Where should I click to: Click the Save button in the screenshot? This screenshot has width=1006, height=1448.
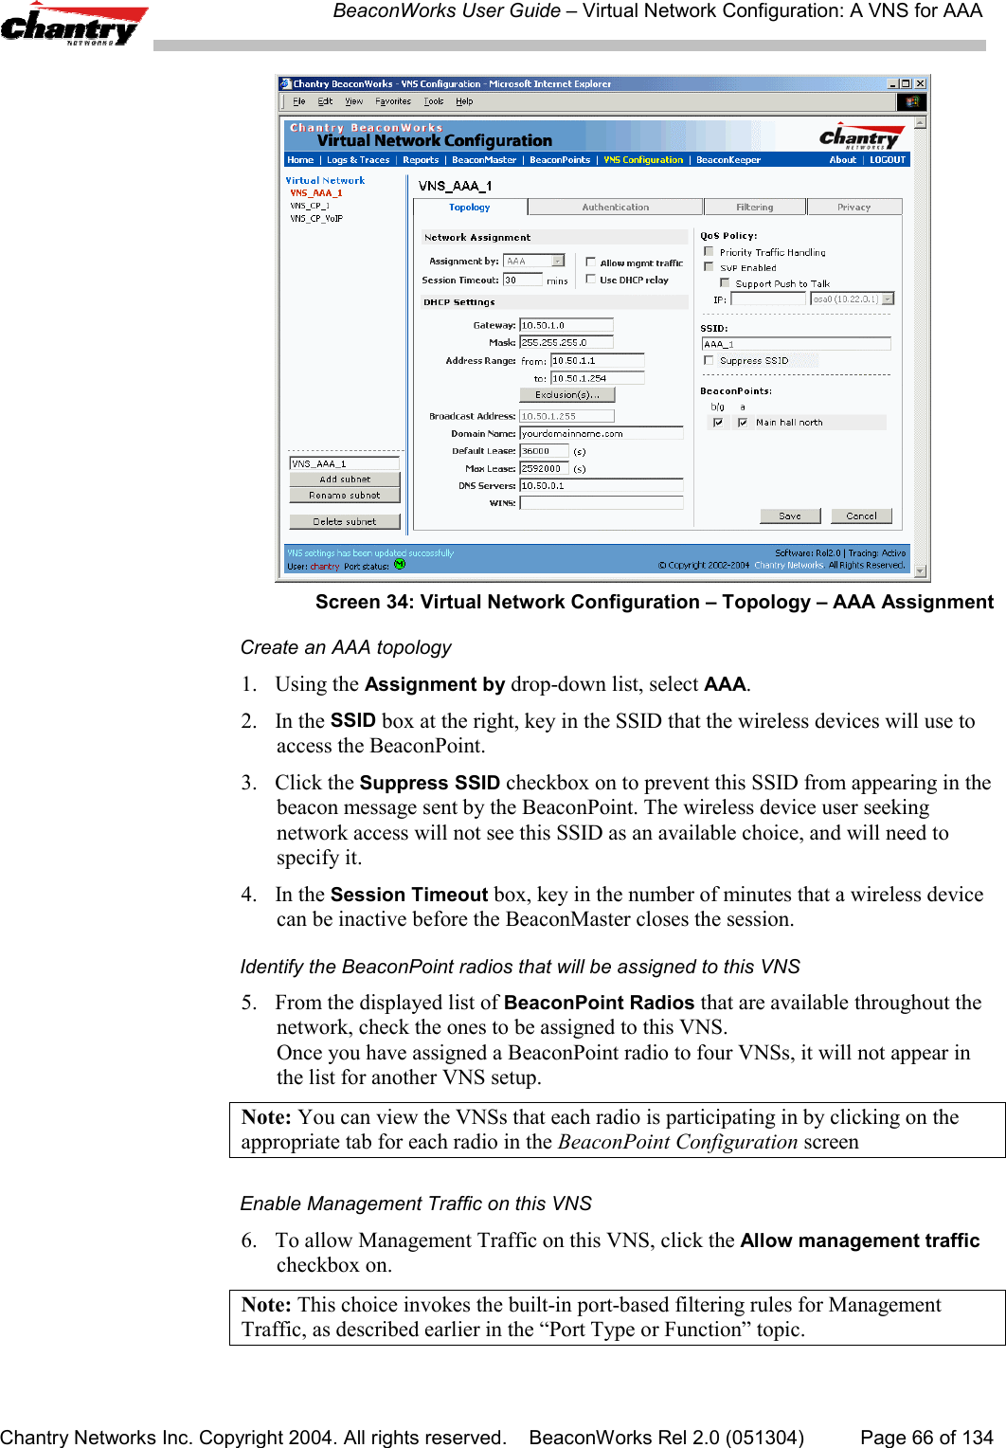tap(789, 516)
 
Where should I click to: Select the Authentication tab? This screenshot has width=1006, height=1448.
tap(615, 207)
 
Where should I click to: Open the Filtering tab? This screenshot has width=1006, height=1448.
tap(754, 207)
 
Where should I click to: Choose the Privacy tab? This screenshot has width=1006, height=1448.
tap(853, 207)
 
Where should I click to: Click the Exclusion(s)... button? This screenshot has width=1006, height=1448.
tap(566, 395)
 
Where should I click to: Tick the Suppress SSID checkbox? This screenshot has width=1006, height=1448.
tap(709, 360)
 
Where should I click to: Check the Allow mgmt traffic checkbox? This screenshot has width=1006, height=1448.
tap(590, 262)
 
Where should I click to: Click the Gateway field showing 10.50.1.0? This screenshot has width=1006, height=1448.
tap(566, 325)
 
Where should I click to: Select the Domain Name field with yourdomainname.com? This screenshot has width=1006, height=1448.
tap(601, 433)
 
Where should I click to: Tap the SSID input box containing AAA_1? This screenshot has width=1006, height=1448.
tap(795, 344)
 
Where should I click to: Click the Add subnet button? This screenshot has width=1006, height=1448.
tap(345, 480)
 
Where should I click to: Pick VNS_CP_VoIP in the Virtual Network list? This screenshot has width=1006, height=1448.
tap(316, 219)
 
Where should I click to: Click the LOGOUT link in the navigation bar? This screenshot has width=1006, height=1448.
tap(888, 160)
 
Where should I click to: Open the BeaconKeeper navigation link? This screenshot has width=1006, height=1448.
tap(728, 160)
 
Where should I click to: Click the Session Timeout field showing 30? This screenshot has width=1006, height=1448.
tap(522, 281)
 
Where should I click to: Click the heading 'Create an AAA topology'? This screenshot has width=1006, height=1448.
tap(346, 647)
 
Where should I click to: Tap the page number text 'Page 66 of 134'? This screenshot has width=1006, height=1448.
tap(925, 1438)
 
